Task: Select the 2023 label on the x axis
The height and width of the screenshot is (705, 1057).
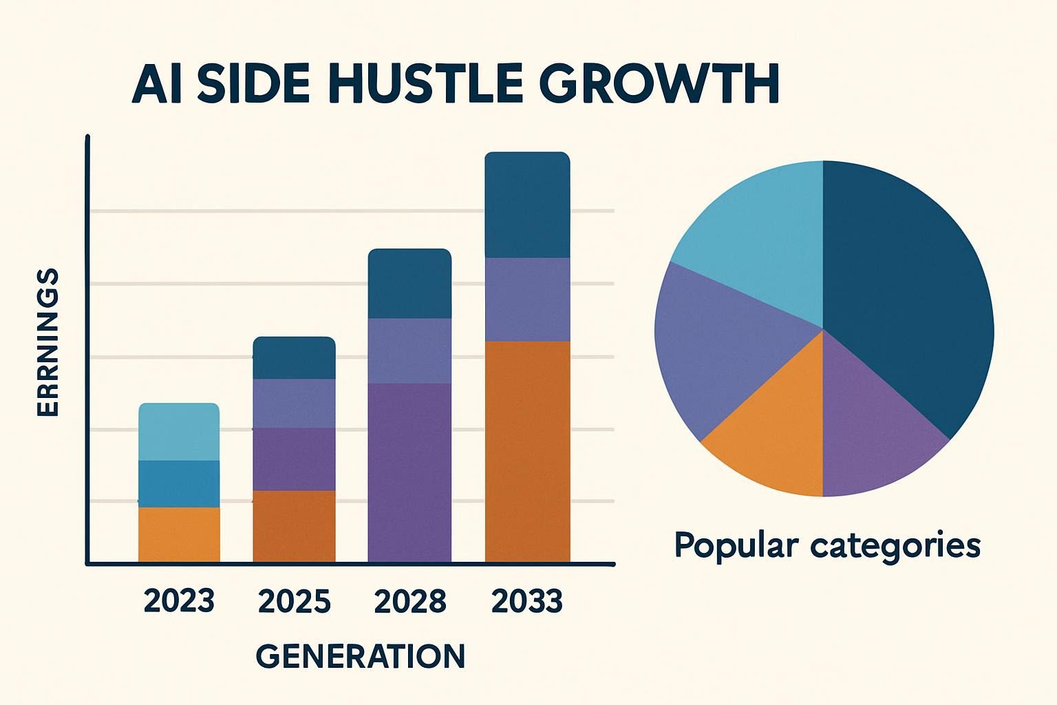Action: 179,601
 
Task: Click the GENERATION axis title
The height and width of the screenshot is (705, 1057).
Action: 361,656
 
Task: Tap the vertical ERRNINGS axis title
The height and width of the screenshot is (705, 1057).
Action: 47,343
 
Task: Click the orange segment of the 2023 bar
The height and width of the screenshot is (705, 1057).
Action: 179,534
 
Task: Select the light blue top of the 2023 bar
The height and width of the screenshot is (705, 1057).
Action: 179,432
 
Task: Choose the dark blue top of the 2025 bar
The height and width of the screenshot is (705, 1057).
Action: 294,358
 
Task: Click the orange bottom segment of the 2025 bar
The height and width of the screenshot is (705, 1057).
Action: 294,526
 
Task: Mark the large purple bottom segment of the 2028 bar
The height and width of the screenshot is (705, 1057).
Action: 409,472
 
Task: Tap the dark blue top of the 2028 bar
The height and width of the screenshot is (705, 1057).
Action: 409,284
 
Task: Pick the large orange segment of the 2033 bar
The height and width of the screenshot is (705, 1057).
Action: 527,451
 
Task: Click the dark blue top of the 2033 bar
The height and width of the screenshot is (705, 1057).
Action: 527,205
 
